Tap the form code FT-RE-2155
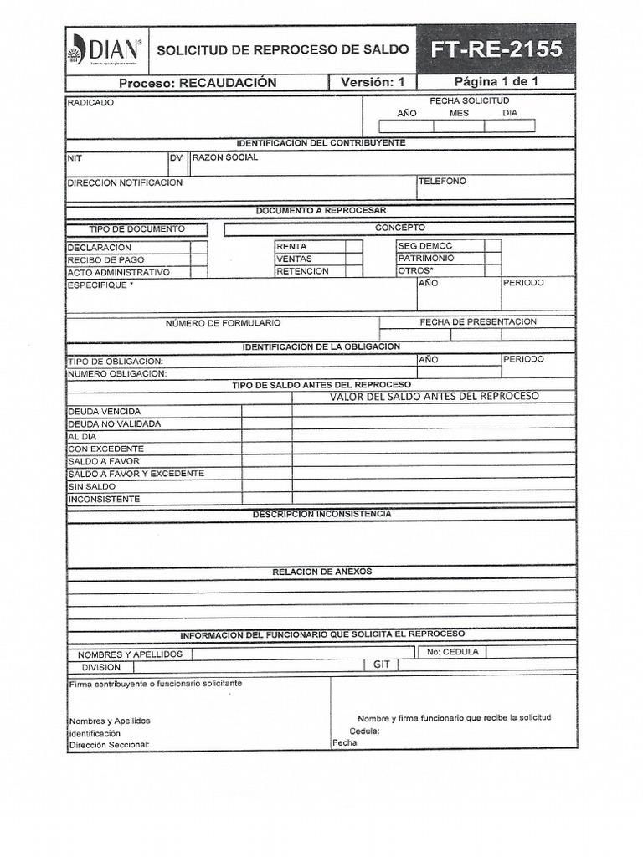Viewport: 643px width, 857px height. pos(496,49)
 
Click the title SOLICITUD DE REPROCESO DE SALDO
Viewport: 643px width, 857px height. pos(282,50)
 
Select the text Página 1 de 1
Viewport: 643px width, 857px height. pos(496,82)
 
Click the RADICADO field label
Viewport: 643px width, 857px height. pos(90,103)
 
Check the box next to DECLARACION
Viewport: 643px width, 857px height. pos(198,247)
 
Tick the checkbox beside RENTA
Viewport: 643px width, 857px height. pos(353,247)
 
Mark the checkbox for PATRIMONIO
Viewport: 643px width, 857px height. pos(492,259)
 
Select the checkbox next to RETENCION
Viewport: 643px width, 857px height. pos(353,271)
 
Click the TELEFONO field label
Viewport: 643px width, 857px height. pos(442,182)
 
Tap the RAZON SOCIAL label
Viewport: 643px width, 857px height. pos(225,157)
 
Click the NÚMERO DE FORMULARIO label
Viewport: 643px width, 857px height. pos(223,323)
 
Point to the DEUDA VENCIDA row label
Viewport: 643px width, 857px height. pos(104,412)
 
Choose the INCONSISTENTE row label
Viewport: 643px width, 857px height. pos(104,500)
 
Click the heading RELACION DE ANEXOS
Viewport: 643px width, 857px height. pos(321,572)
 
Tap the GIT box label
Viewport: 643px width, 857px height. pos(381,664)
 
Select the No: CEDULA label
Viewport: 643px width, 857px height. pos(452,652)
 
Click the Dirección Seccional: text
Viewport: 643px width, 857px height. pos(109,744)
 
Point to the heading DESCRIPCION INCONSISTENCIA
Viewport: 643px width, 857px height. pos(321,514)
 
